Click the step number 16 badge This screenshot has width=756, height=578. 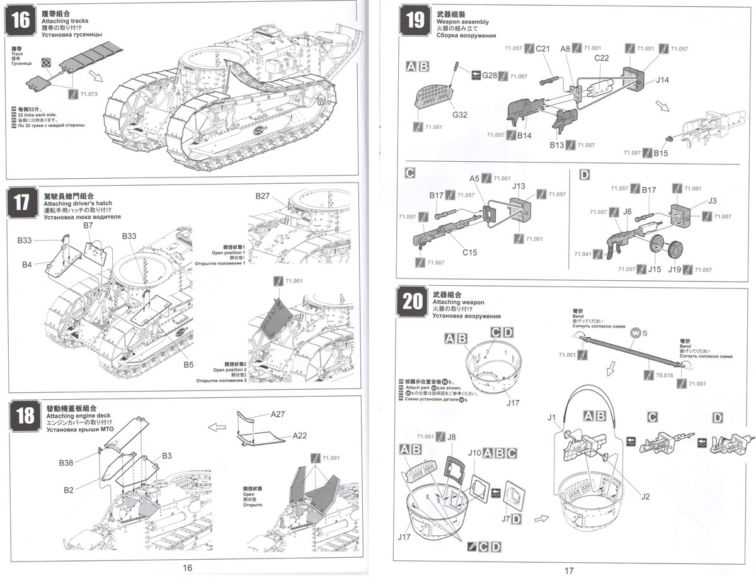pyautogui.click(x=21, y=20)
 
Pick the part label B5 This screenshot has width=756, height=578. pyautogui.click(x=189, y=365)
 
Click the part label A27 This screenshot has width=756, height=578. pyautogui.click(x=278, y=414)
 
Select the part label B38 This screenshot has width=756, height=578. pyautogui.click(x=67, y=463)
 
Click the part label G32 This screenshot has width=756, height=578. pyautogui.click(x=460, y=115)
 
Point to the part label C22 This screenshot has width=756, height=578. pyautogui.click(x=602, y=58)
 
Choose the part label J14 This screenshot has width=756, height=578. pyautogui.click(x=662, y=80)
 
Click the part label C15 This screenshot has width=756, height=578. pyautogui.click(x=470, y=252)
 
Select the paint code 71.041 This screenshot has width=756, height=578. pyautogui.click(x=583, y=254)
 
